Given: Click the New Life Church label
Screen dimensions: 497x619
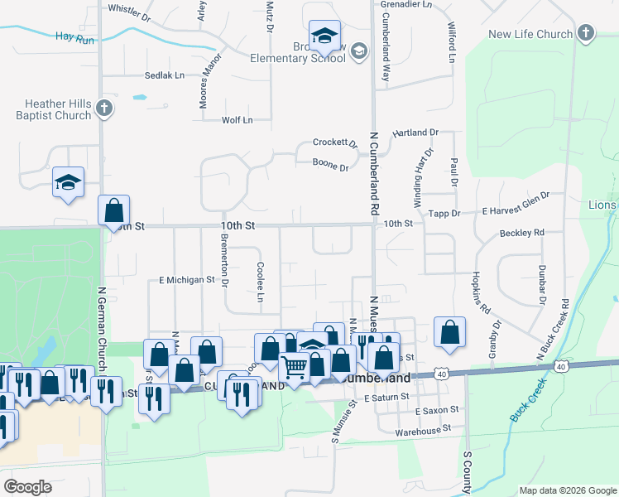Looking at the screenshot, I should tap(530, 34).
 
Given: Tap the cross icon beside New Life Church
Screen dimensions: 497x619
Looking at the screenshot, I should tap(585, 33).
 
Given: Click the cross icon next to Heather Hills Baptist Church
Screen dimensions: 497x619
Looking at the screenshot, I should tap(103, 108).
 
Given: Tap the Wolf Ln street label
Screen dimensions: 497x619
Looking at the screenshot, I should tap(237, 120).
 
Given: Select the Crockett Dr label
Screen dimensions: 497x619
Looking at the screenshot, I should tap(334, 142).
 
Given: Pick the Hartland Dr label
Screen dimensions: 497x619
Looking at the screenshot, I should tap(415, 133).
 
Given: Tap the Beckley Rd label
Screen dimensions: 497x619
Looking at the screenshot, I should tap(521, 233).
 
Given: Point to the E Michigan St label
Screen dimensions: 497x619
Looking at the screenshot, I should tap(187, 280).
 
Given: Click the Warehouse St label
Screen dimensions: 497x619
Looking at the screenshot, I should tap(422, 429).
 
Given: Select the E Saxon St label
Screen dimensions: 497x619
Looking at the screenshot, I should tap(436, 411).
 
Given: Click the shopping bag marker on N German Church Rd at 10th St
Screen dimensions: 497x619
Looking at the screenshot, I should tap(113, 210).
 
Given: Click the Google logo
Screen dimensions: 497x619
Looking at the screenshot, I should tap(28, 487).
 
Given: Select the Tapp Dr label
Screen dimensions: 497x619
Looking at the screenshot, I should tap(444, 213).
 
